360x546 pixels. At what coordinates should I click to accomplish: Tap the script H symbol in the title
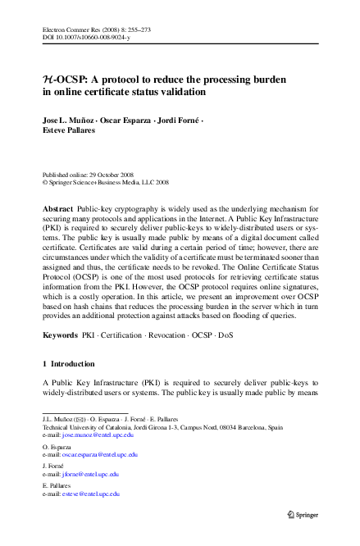point(48,80)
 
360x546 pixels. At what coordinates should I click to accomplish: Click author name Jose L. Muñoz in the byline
point(68,121)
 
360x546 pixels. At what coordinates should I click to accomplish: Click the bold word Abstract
point(57,210)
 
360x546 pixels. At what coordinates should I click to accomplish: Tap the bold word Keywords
point(60,359)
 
